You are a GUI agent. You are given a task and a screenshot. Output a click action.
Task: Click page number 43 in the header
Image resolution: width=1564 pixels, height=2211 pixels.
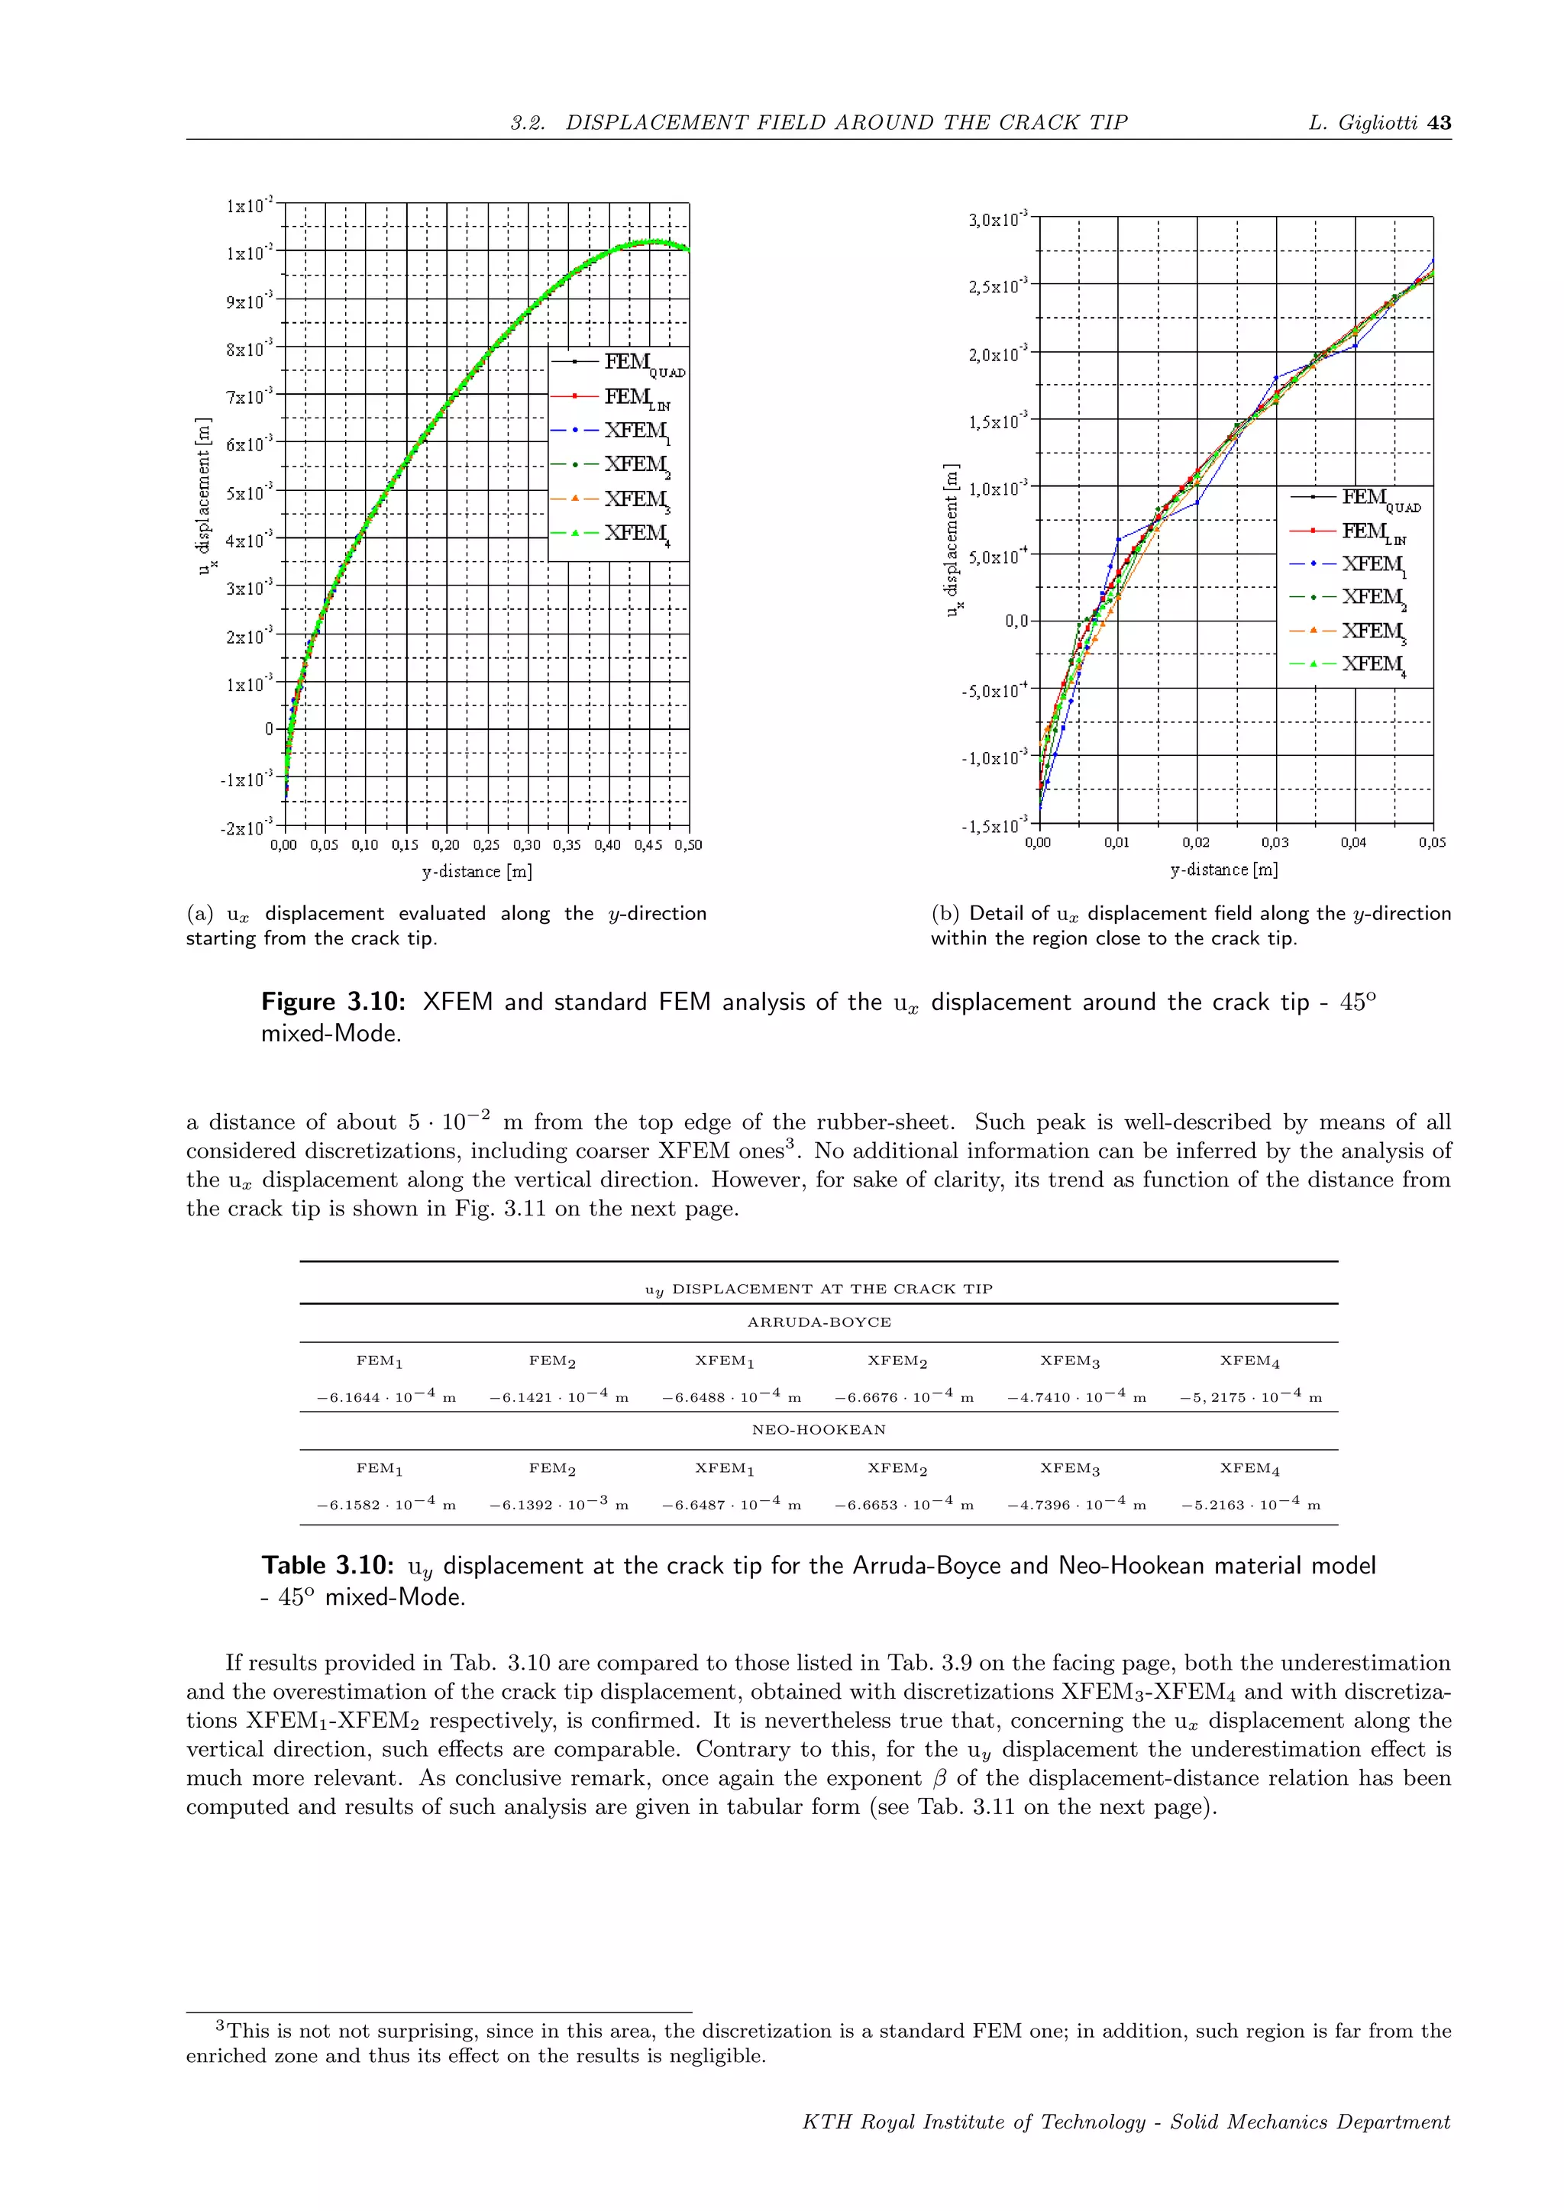(x=1439, y=123)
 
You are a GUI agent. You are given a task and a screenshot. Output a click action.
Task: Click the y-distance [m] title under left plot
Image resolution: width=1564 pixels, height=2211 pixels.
(x=477, y=871)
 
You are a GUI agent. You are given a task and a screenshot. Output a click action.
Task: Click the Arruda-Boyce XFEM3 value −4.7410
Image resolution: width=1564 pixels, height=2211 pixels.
(x=1076, y=1397)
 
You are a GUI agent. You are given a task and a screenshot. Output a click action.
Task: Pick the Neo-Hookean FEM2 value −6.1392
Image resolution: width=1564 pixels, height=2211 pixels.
(x=558, y=1505)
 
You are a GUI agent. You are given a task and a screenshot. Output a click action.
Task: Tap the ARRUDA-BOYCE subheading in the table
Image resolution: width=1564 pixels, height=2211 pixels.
(x=819, y=1322)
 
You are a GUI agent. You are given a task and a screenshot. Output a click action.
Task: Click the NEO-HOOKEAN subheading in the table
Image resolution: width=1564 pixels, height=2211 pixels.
(x=819, y=1430)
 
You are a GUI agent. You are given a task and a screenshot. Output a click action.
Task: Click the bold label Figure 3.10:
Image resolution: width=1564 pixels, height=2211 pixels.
(x=333, y=1002)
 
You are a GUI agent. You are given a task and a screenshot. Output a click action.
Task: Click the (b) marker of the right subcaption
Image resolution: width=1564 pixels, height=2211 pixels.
(x=945, y=914)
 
